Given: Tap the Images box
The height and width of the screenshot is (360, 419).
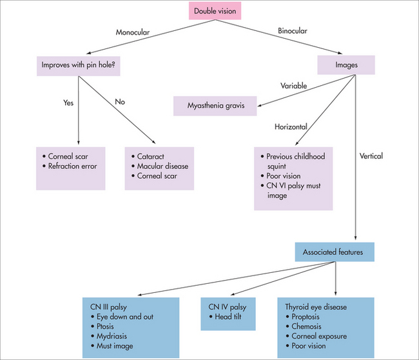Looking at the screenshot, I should [346, 65].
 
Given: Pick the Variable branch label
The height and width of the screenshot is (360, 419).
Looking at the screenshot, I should [293, 85].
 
